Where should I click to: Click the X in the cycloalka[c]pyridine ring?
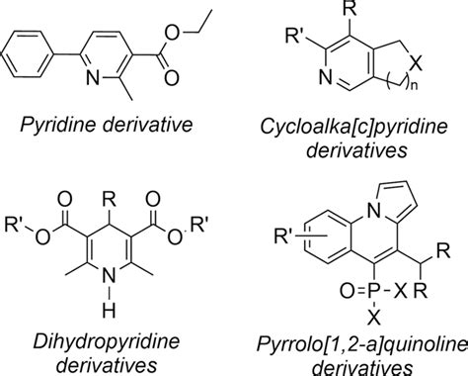(421, 62)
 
